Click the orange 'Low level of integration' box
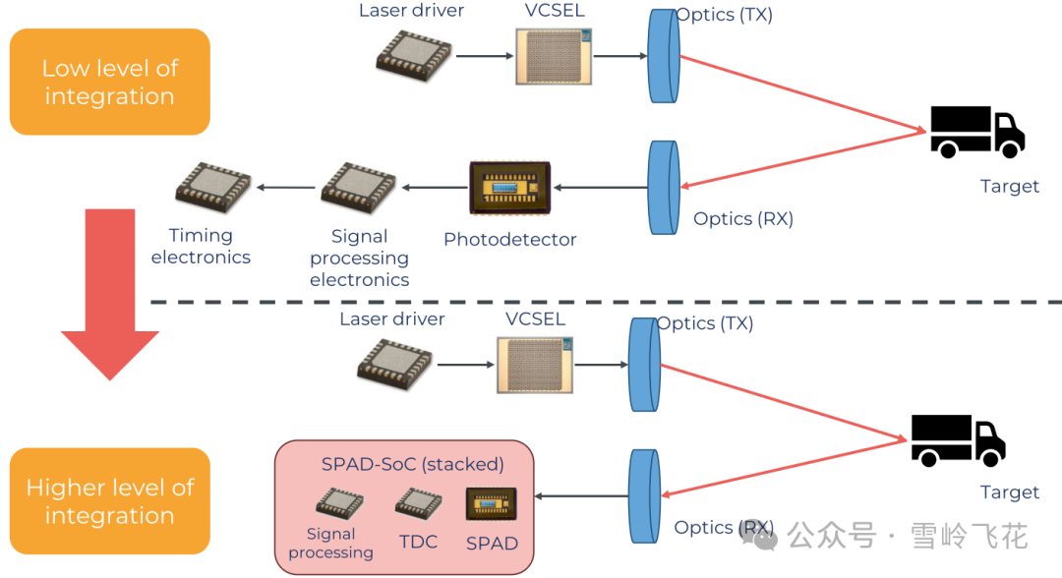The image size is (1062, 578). [110, 83]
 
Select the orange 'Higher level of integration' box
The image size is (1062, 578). [110, 501]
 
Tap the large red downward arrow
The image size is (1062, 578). [110, 295]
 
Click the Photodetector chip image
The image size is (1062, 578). [509, 188]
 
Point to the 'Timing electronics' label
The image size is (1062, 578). [201, 246]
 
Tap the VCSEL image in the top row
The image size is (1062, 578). [555, 56]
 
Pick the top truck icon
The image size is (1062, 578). [976, 132]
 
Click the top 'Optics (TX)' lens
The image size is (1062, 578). [664, 57]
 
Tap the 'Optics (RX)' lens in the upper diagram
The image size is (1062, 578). [664, 187]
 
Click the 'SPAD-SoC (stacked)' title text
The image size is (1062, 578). [412, 465]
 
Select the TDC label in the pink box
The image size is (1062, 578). [418, 543]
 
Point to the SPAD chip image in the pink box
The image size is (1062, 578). [491, 504]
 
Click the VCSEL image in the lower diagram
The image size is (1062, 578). [535, 365]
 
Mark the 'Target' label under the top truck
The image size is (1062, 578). [1009, 187]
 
